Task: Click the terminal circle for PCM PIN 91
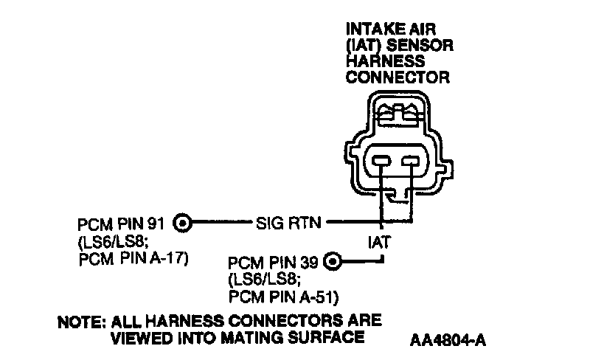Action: (184, 221)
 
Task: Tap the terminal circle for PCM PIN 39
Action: (333, 260)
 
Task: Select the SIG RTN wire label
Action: (289, 221)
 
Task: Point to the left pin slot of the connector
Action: (381, 162)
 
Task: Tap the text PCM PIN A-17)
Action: (130, 258)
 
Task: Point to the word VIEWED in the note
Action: (139, 337)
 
